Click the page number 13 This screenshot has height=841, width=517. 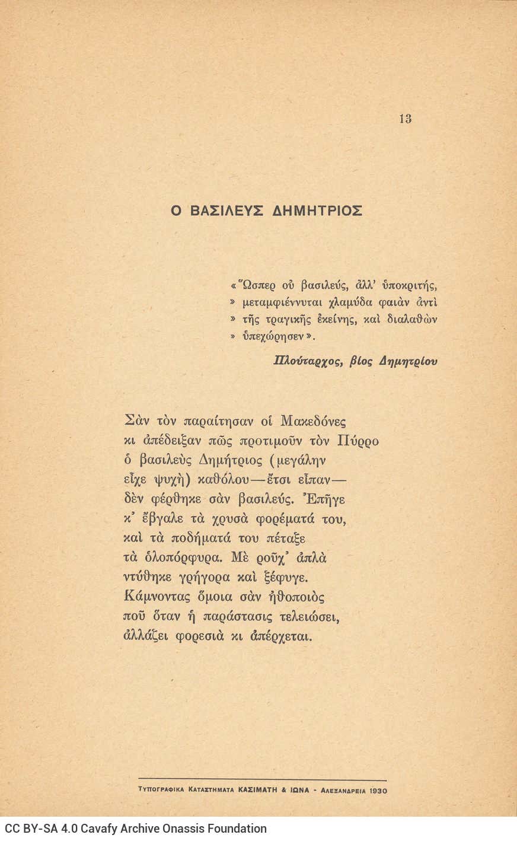pos(405,119)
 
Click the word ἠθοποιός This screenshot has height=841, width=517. pos(296,597)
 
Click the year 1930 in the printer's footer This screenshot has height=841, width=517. pos(378,790)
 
